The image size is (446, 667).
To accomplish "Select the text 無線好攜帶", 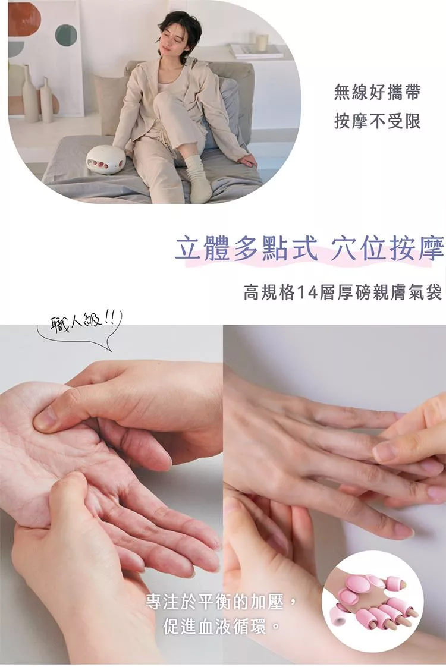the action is click(377, 92).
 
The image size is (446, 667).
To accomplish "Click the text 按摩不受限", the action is click(377, 121).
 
